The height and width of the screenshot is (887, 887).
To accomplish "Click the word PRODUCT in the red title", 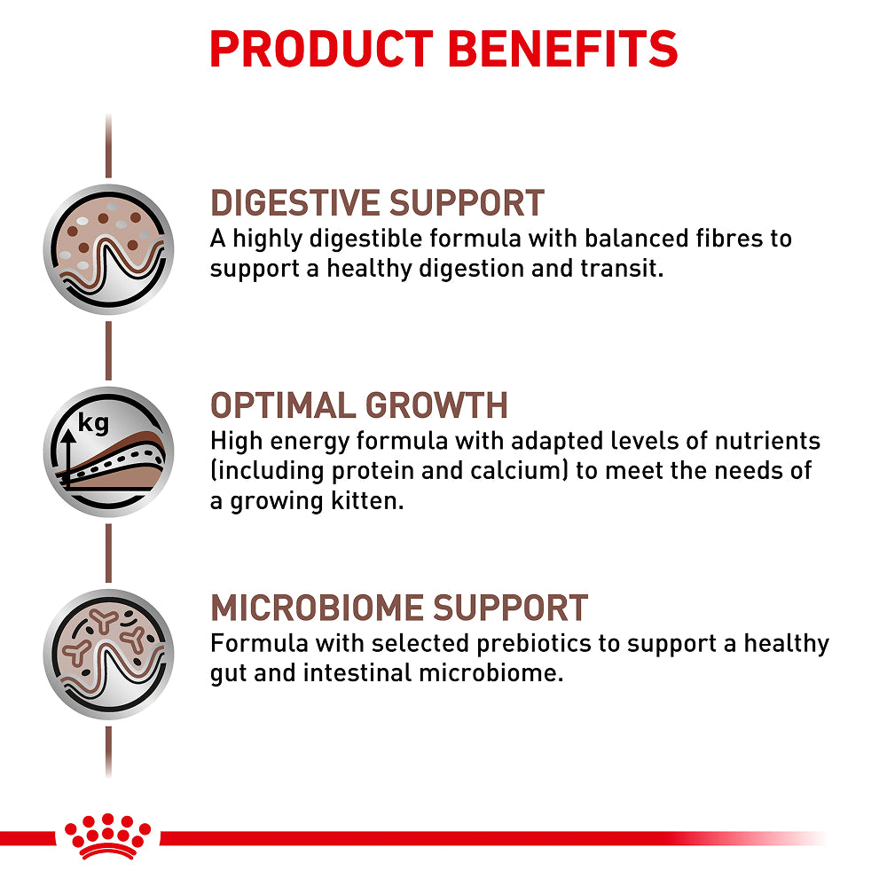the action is (321, 49).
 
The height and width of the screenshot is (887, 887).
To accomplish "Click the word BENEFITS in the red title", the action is (563, 49).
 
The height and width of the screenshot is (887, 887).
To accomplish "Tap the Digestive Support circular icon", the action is (108, 249).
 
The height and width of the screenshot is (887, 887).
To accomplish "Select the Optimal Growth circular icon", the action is (108, 452).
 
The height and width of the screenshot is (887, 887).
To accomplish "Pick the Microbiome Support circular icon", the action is (108, 655).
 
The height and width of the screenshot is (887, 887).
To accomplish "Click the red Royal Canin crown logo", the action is (107, 837).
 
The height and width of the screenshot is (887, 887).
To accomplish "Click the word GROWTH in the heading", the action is (436, 405).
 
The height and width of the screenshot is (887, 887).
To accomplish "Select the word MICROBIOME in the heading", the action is (318, 608).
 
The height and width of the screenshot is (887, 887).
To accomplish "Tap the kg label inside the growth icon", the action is (93, 423).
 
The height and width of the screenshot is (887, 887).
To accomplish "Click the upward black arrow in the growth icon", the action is (68, 459).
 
